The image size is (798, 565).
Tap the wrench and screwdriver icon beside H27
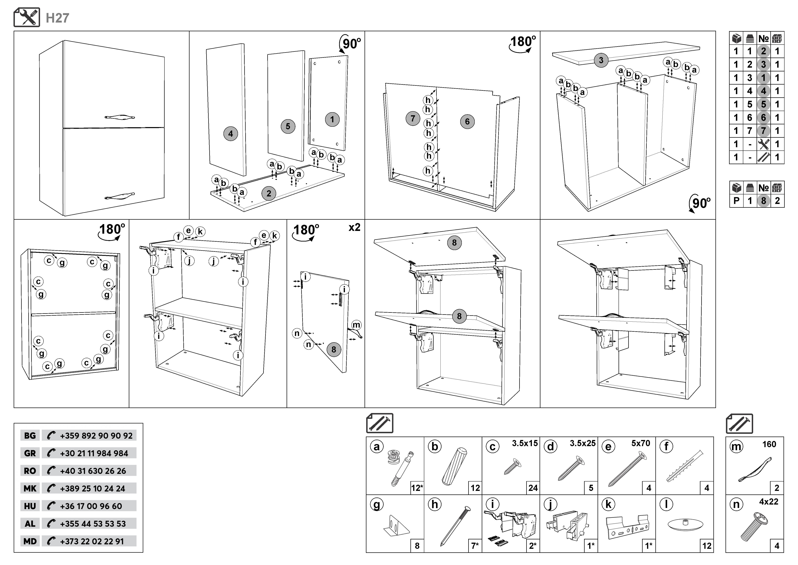click(27, 17)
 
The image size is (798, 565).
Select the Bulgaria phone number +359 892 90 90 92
click(96, 436)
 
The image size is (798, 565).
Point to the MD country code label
click(30, 541)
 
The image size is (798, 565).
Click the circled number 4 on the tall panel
click(230, 134)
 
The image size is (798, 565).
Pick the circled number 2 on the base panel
click(269, 194)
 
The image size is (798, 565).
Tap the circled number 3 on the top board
click(601, 60)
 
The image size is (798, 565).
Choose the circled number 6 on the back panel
click(467, 121)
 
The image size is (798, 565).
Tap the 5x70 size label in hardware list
click(641, 443)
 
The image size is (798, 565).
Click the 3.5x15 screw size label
click(525, 443)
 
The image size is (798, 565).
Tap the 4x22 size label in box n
click(768, 502)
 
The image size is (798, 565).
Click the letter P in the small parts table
click(736, 201)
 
